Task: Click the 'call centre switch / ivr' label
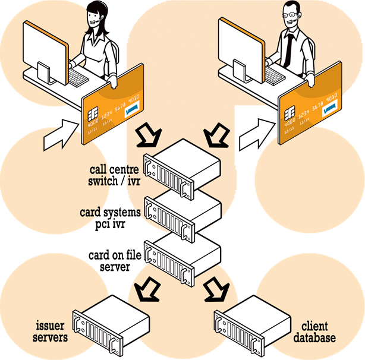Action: pyautogui.click(x=112, y=176)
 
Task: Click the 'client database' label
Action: pyautogui.click(x=315, y=333)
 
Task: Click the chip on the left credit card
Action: pyautogui.click(x=94, y=113)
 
